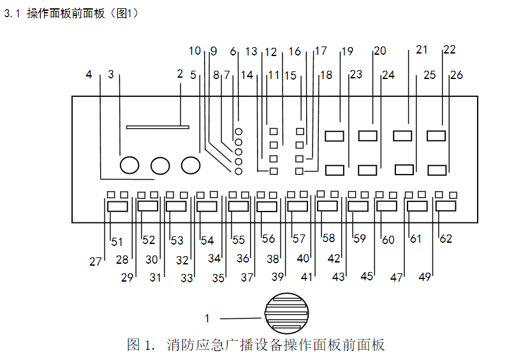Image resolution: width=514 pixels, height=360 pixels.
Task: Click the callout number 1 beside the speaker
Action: tap(207, 319)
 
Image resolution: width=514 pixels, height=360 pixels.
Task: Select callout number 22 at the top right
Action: tap(450, 50)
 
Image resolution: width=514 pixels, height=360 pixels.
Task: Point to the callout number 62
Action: tap(446, 239)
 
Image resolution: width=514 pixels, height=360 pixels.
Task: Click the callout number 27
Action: tap(96, 261)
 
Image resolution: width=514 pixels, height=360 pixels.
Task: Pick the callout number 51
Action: tap(117, 241)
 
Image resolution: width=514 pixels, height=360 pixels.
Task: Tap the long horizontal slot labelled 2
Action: tap(158, 127)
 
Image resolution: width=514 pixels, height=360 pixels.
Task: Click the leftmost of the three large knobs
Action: tap(129, 165)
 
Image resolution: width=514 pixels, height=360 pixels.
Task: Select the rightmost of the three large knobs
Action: tap(191, 165)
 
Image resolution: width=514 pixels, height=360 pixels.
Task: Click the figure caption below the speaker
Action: tap(256, 345)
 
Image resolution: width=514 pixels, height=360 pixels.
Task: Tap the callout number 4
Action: tap(89, 75)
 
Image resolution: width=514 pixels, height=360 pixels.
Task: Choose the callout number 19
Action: tap(347, 51)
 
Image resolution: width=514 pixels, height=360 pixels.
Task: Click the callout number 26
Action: tap(457, 75)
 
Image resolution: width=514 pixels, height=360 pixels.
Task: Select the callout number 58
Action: tap(328, 238)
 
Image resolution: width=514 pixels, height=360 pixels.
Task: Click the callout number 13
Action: tap(251, 51)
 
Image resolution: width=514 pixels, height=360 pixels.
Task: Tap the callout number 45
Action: tap(367, 277)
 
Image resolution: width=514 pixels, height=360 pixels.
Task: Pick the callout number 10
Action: tap(195, 50)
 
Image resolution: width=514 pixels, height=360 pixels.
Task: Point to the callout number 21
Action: tap(422, 49)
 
